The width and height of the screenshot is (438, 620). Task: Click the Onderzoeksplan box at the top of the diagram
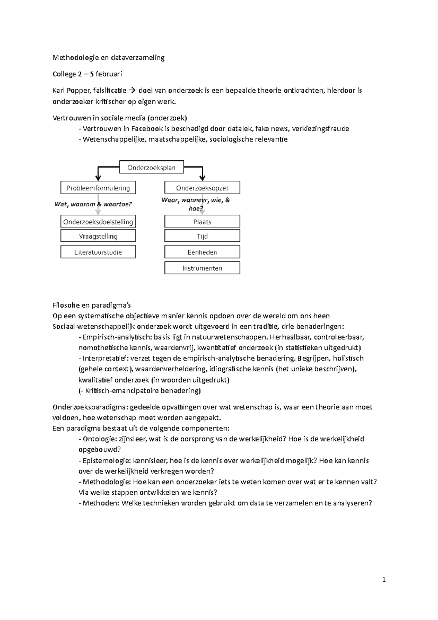pyautogui.click(x=151, y=168)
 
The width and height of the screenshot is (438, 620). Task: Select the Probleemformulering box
pyautogui.click(x=98, y=188)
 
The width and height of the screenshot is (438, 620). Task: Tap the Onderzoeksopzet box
pyautogui.click(x=202, y=188)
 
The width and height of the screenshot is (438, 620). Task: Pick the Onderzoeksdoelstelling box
pyautogui.click(x=98, y=222)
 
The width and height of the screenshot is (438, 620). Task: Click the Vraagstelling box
pyautogui.click(x=98, y=236)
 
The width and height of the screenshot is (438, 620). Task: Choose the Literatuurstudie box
pyautogui.click(x=98, y=252)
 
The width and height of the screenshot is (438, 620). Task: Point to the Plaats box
pyautogui.click(x=202, y=222)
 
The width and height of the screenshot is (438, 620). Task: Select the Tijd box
pyautogui.click(x=202, y=236)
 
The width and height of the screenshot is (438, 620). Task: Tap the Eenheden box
pyautogui.click(x=202, y=252)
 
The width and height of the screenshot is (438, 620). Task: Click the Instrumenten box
pyautogui.click(x=202, y=268)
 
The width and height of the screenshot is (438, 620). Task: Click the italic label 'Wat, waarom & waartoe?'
pyautogui.click(x=93, y=204)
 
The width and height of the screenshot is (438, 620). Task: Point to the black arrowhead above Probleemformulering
pyautogui.click(x=98, y=178)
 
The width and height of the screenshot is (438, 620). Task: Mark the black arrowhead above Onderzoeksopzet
pyautogui.click(x=203, y=178)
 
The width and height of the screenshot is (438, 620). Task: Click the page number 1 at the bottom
pyautogui.click(x=384, y=579)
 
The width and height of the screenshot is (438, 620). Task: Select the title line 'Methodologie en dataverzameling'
pyautogui.click(x=108, y=57)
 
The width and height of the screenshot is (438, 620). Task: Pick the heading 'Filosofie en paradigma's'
pyautogui.click(x=92, y=305)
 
